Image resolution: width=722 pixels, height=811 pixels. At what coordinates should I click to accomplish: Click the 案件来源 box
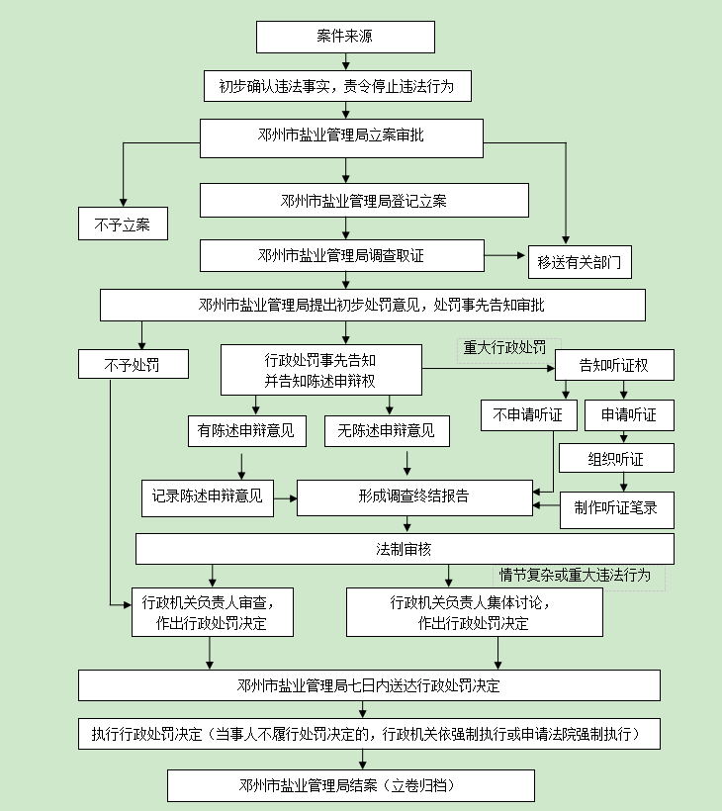[345, 37]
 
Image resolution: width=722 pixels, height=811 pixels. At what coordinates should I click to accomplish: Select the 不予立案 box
[123, 225]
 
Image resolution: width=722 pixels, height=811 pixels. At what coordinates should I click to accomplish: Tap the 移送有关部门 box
[580, 262]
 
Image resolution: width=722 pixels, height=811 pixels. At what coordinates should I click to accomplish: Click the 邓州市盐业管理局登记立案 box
[363, 201]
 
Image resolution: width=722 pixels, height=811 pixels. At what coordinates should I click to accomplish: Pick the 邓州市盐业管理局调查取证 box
[341, 255]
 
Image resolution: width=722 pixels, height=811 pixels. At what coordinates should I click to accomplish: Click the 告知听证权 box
[614, 365]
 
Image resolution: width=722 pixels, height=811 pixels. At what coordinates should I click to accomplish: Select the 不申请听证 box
[528, 415]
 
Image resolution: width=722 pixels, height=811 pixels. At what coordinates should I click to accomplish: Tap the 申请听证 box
[629, 415]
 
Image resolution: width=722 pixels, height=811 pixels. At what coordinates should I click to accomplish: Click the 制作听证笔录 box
[616, 509]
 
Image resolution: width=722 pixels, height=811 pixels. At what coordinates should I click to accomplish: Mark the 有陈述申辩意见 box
[246, 430]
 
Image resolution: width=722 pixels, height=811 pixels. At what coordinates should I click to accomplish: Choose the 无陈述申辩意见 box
[386, 430]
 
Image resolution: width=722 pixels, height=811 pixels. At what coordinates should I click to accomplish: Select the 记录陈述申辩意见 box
[207, 496]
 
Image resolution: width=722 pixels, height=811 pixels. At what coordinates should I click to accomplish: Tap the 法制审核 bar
[405, 549]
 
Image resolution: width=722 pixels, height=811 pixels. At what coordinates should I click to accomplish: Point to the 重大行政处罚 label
[504, 348]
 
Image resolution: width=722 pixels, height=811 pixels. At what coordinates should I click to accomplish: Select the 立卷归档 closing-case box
[351, 785]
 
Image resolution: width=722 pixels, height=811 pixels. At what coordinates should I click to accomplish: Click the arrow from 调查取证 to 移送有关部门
[505, 255]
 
